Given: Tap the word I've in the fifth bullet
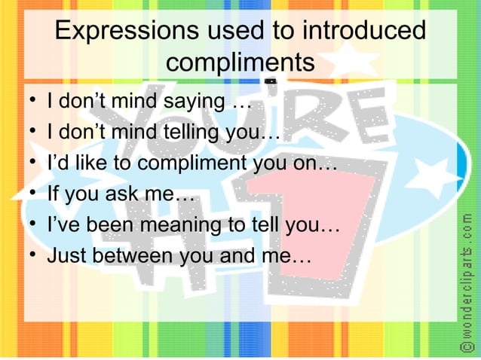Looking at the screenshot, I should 64,225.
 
